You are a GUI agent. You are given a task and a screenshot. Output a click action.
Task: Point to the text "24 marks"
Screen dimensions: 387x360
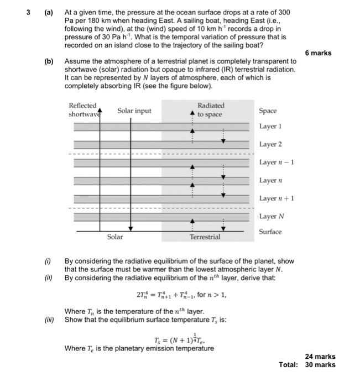tap(320, 357)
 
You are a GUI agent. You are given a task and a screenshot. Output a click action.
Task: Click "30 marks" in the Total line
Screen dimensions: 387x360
tap(320, 365)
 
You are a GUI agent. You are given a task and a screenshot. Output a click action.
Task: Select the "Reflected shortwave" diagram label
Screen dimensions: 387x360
tap(83, 109)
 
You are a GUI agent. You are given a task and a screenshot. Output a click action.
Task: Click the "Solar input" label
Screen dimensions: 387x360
tap(134, 111)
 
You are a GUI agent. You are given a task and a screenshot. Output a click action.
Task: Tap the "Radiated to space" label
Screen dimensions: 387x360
tap(211, 109)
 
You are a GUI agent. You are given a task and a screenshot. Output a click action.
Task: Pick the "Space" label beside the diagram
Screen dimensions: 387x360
tap(268, 111)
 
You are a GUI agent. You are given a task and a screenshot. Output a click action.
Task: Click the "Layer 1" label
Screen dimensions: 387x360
tap(270, 127)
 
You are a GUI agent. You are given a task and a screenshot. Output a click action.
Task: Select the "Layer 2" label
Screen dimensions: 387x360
tap(270, 144)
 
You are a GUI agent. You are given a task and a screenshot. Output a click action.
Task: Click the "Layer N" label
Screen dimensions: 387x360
tap(271, 216)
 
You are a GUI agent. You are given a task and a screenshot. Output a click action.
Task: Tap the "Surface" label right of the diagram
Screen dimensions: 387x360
tap(270, 232)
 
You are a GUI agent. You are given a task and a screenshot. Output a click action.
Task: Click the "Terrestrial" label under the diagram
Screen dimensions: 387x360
tap(205, 237)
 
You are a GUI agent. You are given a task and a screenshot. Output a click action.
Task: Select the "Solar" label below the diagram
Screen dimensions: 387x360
tap(115, 237)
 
